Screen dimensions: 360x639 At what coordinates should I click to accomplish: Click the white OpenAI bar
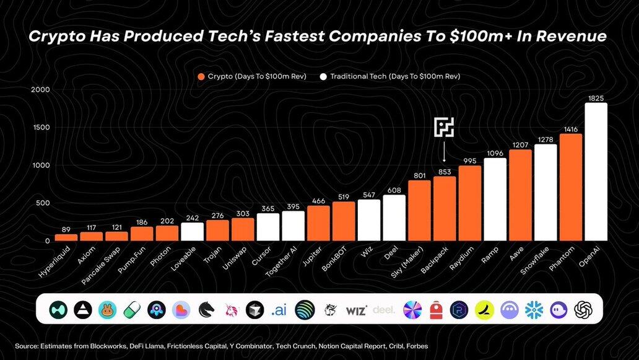(596, 172)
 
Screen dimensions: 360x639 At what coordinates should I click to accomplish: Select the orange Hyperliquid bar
(66, 237)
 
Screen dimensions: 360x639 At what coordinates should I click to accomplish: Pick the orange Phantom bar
(570, 187)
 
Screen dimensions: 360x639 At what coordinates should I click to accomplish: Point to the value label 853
(444, 172)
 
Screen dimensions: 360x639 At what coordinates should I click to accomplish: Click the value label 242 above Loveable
(193, 217)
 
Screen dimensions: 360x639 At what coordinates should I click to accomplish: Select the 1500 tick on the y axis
(41, 128)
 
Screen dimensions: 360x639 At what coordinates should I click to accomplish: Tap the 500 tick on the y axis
(43, 203)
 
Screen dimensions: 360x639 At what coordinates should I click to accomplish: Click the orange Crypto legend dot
(201, 76)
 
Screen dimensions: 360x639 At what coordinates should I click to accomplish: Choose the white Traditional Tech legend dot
(323, 76)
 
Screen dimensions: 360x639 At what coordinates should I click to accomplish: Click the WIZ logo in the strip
(356, 310)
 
